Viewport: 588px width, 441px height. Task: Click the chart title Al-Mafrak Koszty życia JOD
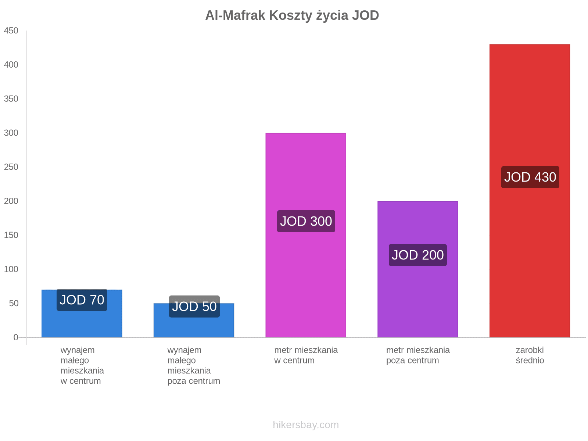292,15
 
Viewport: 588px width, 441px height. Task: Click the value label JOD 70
82,300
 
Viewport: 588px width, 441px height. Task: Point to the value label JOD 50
194,306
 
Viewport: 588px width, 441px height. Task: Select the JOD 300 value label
306,221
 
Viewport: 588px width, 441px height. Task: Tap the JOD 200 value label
418,255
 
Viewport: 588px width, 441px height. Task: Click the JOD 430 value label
530,177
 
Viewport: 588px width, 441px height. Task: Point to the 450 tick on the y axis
11,31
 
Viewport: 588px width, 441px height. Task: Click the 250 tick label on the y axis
11,167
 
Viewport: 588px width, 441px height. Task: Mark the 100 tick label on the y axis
11,269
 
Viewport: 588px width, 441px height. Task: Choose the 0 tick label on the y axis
16,337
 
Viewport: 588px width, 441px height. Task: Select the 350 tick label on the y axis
11,99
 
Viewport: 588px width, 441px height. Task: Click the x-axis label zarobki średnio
530,355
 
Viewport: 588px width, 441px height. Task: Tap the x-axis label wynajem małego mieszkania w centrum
82,366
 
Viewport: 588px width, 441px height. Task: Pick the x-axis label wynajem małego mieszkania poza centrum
194,366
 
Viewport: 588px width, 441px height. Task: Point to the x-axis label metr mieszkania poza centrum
418,355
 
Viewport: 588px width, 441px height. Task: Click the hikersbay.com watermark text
306,425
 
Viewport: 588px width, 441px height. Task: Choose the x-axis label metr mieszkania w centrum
306,355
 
